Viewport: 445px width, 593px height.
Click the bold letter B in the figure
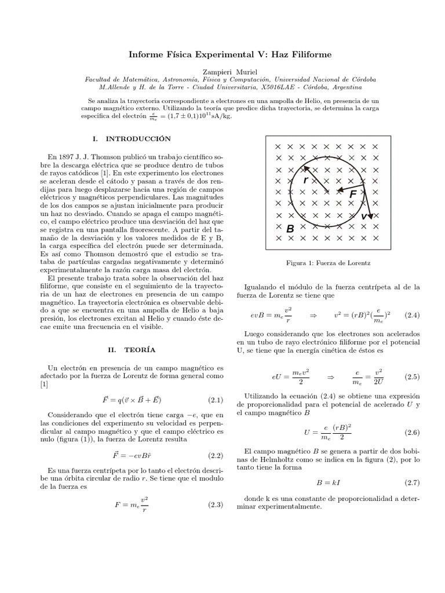click(290, 229)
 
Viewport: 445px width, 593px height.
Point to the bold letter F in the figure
click(353, 196)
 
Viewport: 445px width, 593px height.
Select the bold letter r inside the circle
click(305, 181)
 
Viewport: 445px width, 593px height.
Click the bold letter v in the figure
click(364, 216)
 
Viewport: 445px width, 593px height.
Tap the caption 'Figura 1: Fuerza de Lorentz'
click(329, 263)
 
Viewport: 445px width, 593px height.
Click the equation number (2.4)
click(413, 315)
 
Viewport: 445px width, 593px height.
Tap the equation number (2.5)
click(413, 376)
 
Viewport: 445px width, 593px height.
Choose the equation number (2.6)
click(413, 432)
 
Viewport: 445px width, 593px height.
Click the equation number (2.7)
click(413, 482)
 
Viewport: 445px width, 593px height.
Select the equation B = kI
click(328, 482)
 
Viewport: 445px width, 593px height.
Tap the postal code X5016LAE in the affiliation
click(280, 87)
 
